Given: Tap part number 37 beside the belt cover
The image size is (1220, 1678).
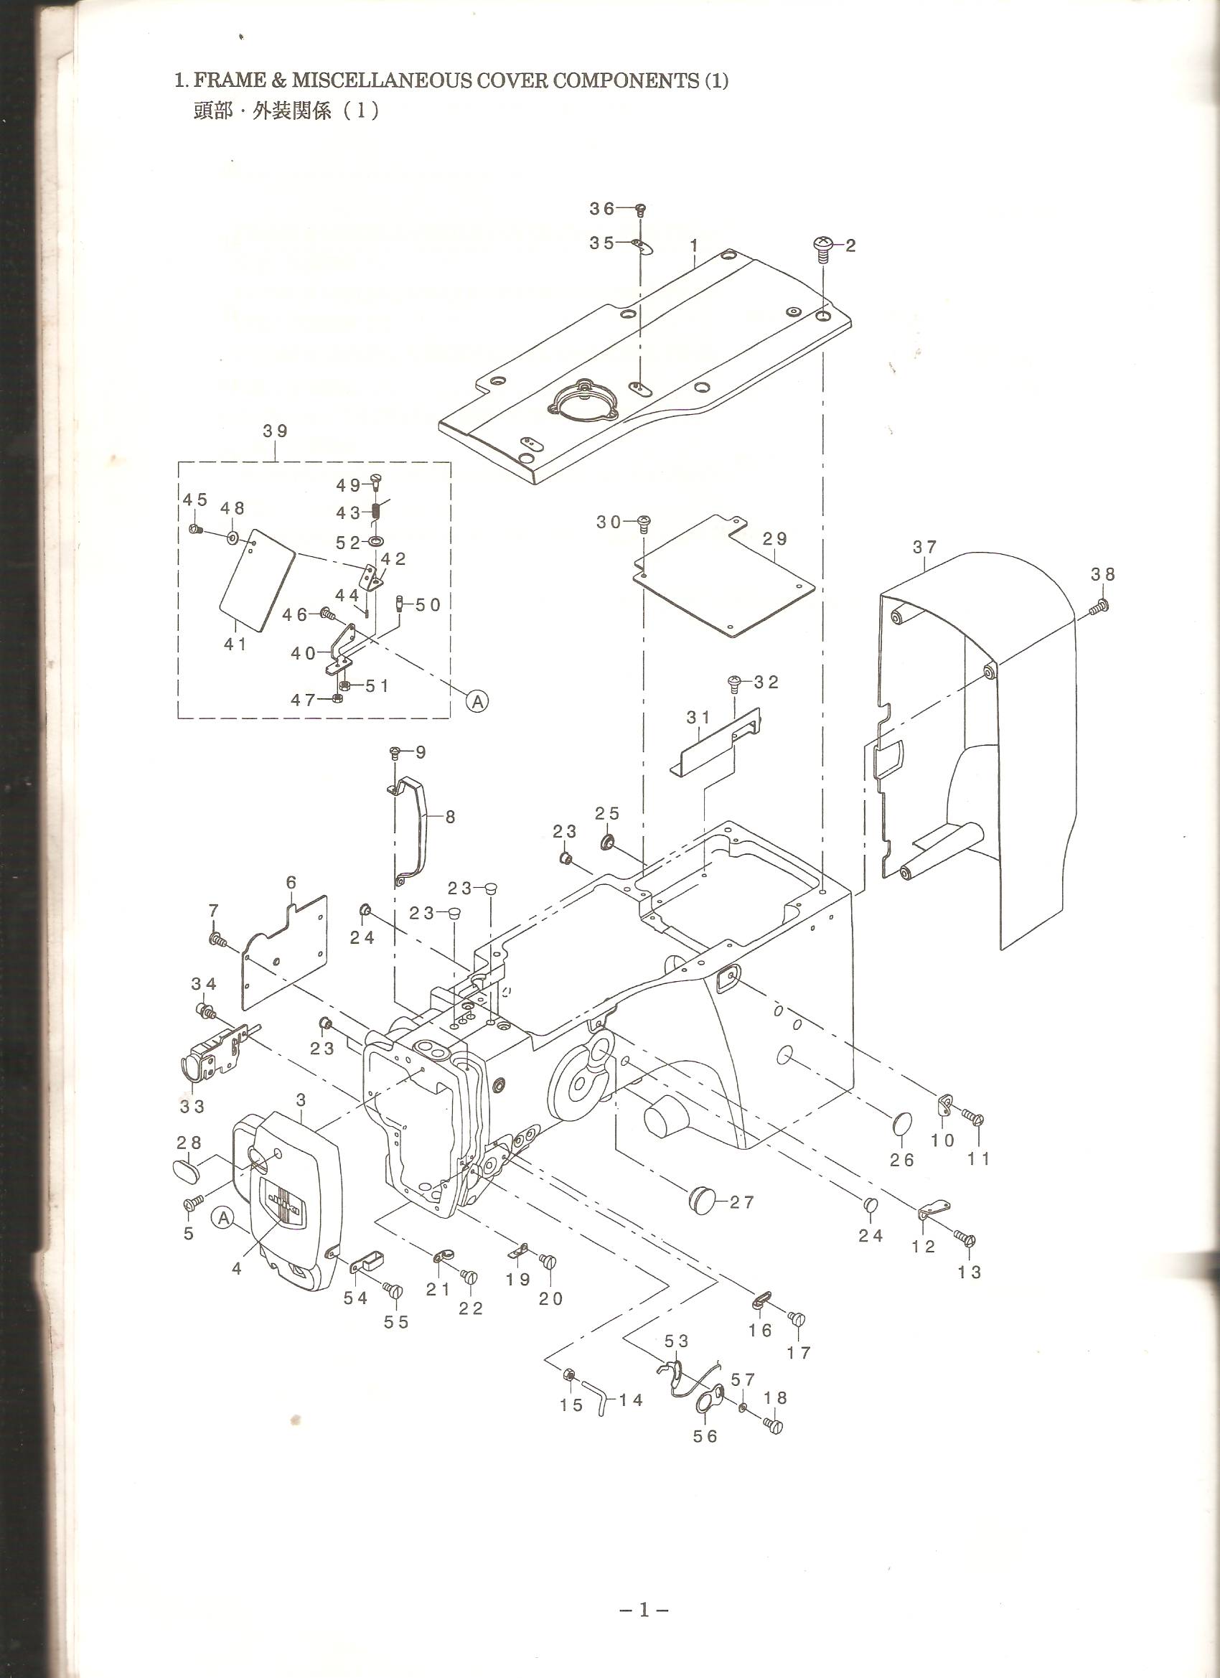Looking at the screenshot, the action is (925, 547).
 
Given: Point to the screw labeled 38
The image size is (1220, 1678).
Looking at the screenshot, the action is (1098, 607).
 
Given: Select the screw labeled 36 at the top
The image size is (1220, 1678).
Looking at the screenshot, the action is (642, 210).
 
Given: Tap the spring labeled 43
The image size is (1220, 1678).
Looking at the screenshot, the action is (376, 511).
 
